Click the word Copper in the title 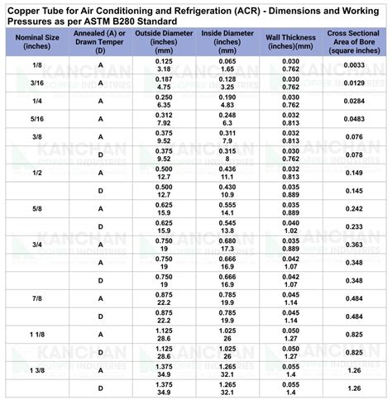26,8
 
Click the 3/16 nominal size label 38,83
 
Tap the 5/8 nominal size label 38,209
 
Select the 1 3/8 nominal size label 38,370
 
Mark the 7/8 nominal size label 38,298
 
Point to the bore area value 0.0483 353,119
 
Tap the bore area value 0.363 353,245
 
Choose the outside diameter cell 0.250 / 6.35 164,101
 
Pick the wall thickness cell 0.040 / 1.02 289,226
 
